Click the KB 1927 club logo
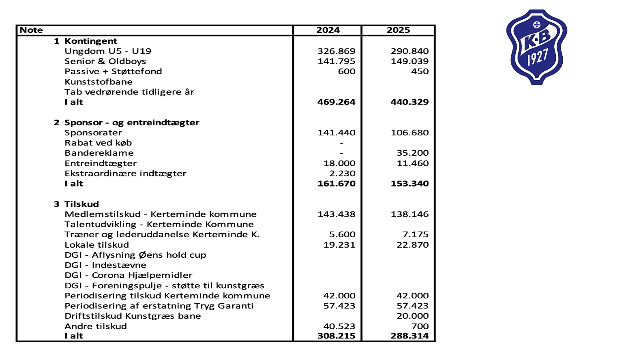[x=536, y=47]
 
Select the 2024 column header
[x=328, y=30]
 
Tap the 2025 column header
[x=398, y=30]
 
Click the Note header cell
[x=31, y=30]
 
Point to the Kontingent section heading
[x=90, y=41]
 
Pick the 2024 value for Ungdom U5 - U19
[x=336, y=51]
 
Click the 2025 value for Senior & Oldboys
[x=410, y=61]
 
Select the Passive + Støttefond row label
[x=113, y=71]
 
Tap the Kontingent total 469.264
[x=336, y=102]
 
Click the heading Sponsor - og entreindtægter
[x=131, y=122]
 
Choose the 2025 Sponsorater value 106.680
[x=410, y=133]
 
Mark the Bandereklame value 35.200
[x=412, y=153]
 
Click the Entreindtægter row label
[x=101, y=163]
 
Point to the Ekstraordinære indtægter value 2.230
[x=342, y=174]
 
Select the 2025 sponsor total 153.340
[x=410, y=184]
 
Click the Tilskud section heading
[x=81, y=204]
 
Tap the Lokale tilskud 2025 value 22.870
[x=412, y=245]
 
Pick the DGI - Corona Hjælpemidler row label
[x=128, y=275]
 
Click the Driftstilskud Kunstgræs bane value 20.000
[x=412, y=316]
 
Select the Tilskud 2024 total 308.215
[x=336, y=336]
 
